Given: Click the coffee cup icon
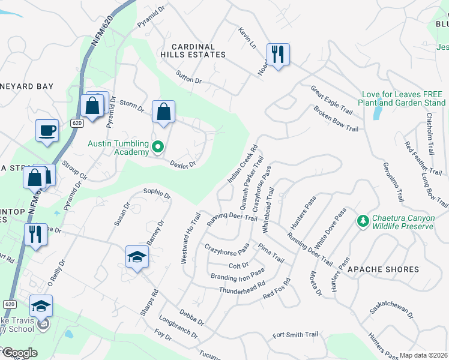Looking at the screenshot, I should tap(47, 130).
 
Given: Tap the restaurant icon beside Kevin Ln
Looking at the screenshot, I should tap(278, 55).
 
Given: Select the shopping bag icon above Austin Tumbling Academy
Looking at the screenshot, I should tap(163, 112).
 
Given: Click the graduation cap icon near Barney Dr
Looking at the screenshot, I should tap(137, 257).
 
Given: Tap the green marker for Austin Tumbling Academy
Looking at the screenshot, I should tap(158, 146).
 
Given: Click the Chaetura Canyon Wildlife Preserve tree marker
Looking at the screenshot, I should tap(363, 221).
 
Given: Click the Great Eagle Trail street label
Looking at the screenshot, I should tap(331, 100).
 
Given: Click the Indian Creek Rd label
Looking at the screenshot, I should tap(243, 164).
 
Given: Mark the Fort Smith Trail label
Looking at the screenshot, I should tap(295, 335).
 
